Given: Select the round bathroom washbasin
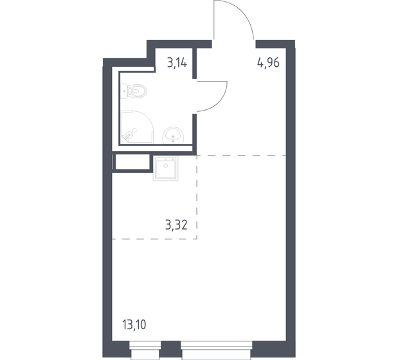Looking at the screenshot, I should click(174, 135).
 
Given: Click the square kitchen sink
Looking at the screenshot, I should click(165, 169).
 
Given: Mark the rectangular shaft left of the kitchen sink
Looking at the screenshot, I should click(132, 162).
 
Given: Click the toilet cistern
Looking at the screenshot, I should click(126, 92).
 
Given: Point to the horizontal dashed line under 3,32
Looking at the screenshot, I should click(154, 239).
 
